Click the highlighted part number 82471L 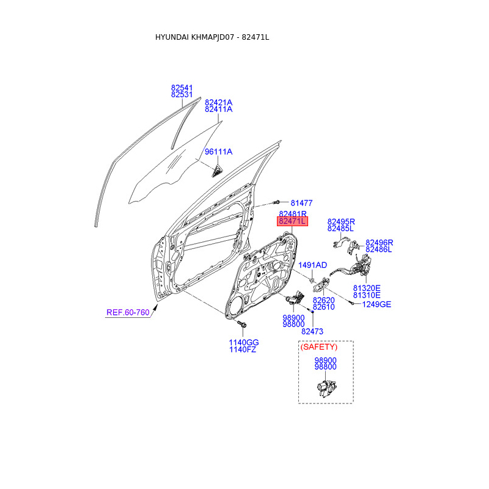coord(292,221)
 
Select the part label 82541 coord(182,87)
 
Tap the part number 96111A coord(218,152)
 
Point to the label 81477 coord(301,202)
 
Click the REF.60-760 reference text coord(128,312)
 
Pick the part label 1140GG coord(244,342)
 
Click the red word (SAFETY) coord(318,347)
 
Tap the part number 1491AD coord(313,265)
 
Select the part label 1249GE coord(377,304)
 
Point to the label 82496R coord(379,242)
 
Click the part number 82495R coord(341,221)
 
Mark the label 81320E coord(367,287)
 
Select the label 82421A coord(218,102)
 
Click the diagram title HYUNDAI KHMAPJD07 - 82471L coord(212,37)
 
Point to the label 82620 coord(323,300)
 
